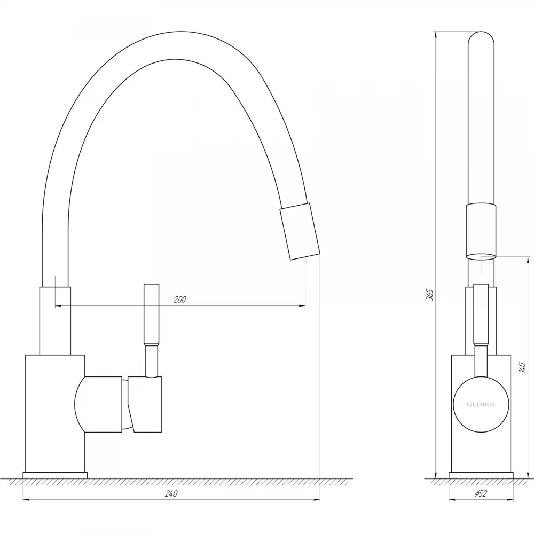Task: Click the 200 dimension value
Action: click(x=180, y=300)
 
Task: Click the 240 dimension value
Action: click(x=171, y=494)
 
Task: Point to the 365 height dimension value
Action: click(x=430, y=294)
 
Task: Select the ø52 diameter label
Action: click(x=480, y=494)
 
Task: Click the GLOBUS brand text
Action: click(x=481, y=405)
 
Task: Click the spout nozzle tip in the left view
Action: click(x=300, y=231)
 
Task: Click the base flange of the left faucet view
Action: click(x=55, y=475)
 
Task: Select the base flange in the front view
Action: click(x=481, y=475)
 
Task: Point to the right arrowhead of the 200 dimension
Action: click(x=302, y=306)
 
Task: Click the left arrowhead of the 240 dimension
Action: click(x=26, y=500)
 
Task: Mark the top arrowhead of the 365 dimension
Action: click(x=436, y=34)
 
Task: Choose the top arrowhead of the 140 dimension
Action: click(x=528, y=260)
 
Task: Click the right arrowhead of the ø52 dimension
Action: click(x=510, y=500)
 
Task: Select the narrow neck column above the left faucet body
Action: click(x=55, y=321)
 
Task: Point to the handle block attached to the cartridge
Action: click(x=145, y=404)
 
